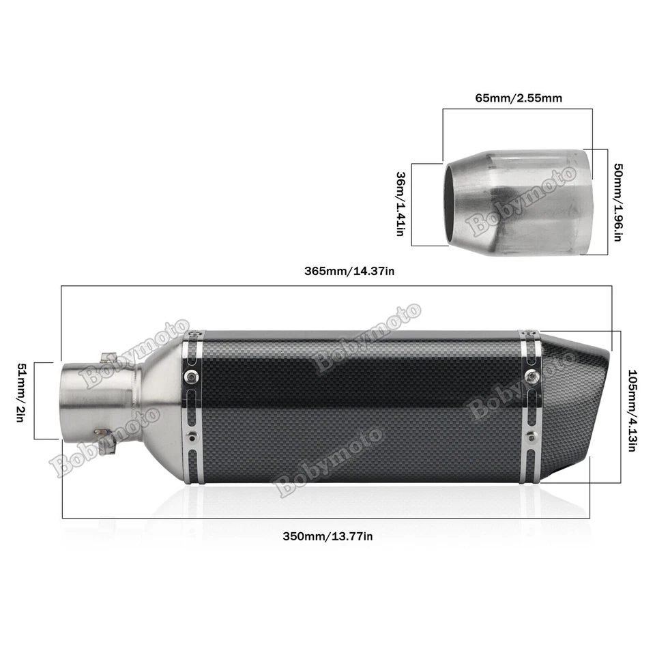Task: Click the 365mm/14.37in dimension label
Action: pos(350,271)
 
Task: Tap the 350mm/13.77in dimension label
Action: pos(327,536)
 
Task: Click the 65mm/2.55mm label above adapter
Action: pos(519,98)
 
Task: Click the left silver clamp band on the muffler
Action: pos(192,407)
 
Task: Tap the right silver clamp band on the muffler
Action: pos(530,407)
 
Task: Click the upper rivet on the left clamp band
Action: pos(192,375)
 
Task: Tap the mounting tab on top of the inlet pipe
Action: pos(108,356)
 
